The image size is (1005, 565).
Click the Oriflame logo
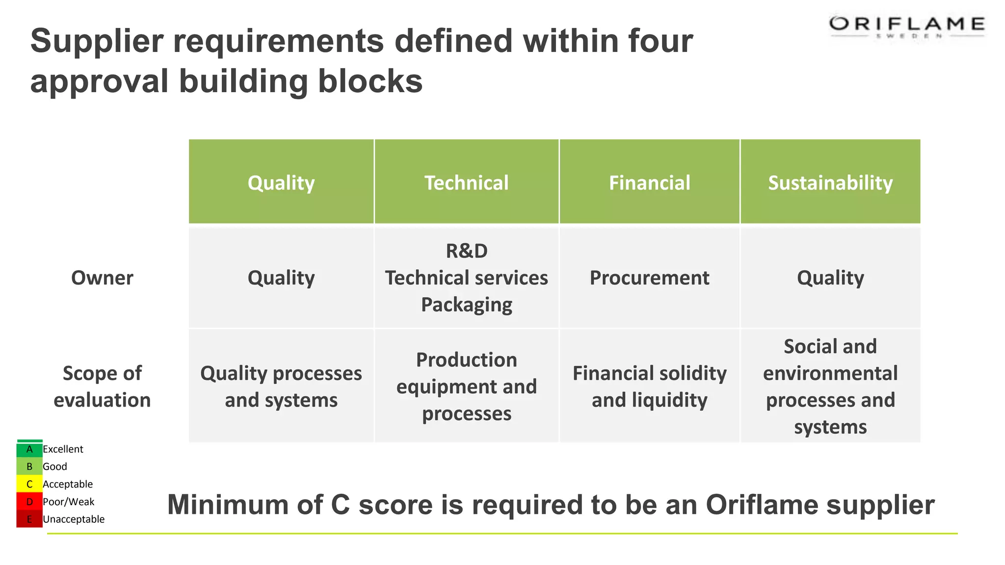[906, 26]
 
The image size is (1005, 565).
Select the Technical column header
[466, 183]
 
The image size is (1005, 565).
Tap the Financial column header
[649, 183]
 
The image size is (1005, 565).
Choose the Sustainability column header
[830, 183]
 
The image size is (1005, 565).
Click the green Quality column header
[281, 183]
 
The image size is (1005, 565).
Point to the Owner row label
[102, 278]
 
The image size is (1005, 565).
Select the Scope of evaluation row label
[102, 386]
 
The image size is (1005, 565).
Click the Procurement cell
[649, 278]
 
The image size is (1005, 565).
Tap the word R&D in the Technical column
[466, 251]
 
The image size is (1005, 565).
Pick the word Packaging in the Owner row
[466, 305]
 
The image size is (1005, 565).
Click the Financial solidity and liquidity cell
[649, 386]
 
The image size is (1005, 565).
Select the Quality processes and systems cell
[281, 386]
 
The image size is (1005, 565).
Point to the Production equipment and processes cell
[466, 386]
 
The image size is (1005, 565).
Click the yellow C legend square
[29, 484]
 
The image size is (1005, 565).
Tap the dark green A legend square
[29, 449]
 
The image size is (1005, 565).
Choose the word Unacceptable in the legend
[74, 519]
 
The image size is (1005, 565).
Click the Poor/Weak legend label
[68, 502]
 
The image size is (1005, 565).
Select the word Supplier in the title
[97, 41]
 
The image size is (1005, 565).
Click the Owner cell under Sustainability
[830, 278]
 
